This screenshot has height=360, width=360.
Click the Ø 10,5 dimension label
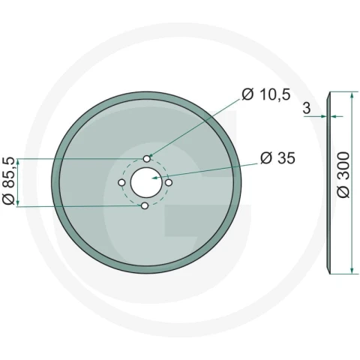pyautogui.click(x=266, y=94)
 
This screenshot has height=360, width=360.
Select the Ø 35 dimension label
pyautogui.click(x=277, y=158)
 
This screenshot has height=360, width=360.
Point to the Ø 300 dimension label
pyautogui.click(x=343, y=175)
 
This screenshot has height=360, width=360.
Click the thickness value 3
pyautogui.click(x=307, y=108)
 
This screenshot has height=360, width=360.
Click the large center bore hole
pyautogui.click(x=146, y=182)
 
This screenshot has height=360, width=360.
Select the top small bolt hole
pyautogui.click(x=147, y=159)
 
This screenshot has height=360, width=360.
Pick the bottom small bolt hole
pyautogui.click(x=145, y=206)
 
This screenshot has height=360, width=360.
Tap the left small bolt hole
pyautogui.click(x=121, y=183)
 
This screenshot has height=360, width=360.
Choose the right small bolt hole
pyautogui.click(x=169, y=183)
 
